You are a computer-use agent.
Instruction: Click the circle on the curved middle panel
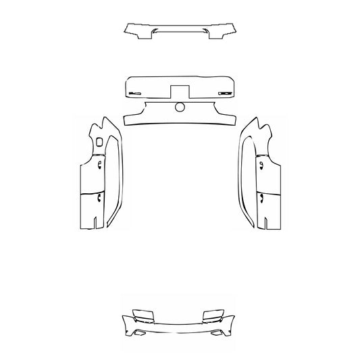(180, 107)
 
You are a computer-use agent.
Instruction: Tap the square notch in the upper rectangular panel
(180, 90)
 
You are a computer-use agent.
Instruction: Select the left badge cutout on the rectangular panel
(135, 92)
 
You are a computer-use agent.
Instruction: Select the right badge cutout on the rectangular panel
(224, 92)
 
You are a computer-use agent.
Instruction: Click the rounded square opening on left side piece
(100, 142)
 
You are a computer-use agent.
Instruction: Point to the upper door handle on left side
(99, 164)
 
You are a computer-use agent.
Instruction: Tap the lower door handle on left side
(99, 197)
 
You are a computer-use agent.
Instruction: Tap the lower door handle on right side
(260, 197)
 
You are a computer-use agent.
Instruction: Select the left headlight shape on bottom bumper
(144, 315)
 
